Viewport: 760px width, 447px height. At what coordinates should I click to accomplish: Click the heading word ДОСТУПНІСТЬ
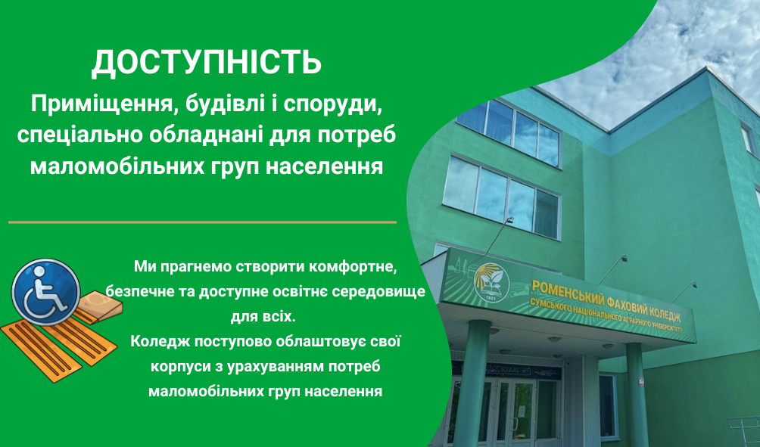click(207, 63)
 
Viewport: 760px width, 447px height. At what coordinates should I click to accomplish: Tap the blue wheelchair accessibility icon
click(45, 291)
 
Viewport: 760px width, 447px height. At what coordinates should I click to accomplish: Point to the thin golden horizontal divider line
click(203, 222)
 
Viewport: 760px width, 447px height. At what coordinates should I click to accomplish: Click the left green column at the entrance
click(470, 383)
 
